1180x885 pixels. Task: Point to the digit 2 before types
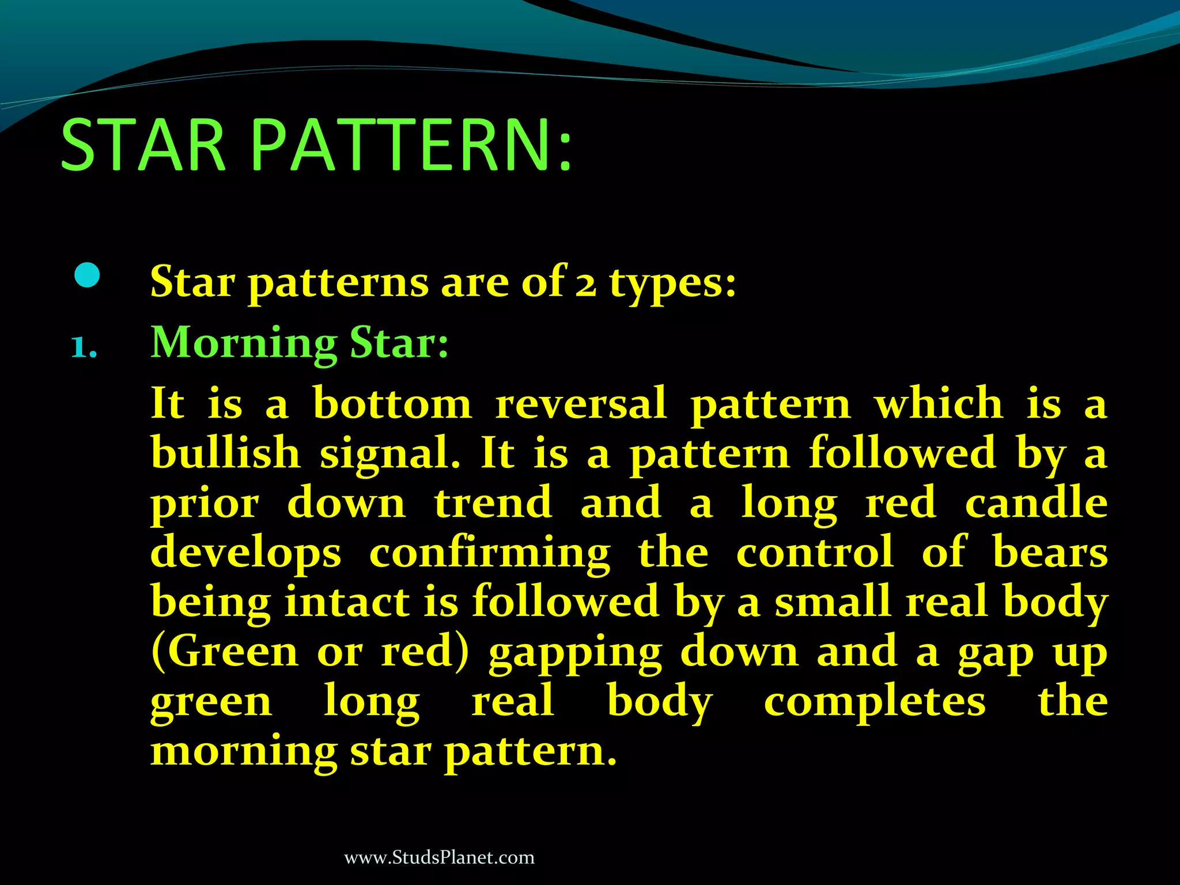585,284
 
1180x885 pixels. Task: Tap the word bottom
392,403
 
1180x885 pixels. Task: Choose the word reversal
581,403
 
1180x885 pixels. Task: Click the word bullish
225,453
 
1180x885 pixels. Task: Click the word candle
1036,502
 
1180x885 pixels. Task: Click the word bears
1050,552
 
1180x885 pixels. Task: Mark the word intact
347,602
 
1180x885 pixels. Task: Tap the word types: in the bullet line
673,284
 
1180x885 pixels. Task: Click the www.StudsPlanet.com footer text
439,857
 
